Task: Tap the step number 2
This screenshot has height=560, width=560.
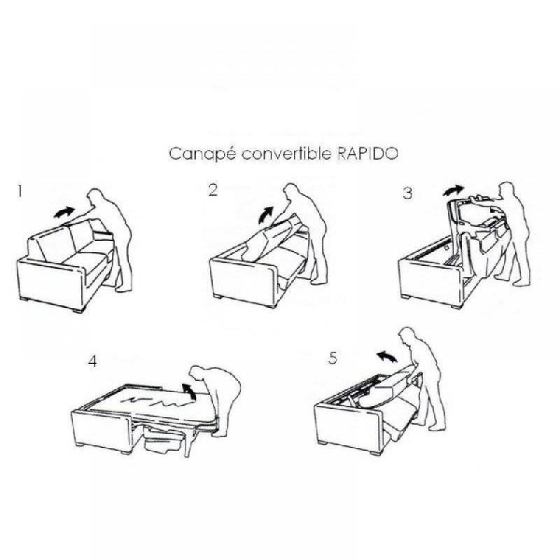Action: coord(213,190)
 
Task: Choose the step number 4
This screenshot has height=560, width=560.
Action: coord(93,362)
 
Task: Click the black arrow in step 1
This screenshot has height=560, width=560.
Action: coord(64,211)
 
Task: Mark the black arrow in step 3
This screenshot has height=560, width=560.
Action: coord(454,190)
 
